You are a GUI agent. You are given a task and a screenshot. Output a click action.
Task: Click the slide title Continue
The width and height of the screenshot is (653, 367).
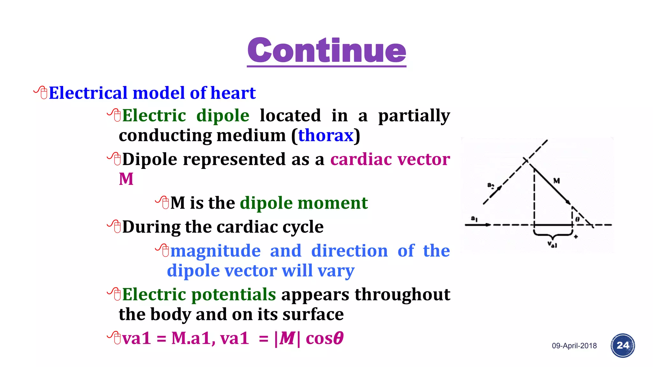click(326, 50)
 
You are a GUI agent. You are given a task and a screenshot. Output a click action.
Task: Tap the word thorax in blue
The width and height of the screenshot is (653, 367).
click(326, 135)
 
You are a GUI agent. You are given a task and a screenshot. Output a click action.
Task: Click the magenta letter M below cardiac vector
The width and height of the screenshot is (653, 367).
click(126, 179)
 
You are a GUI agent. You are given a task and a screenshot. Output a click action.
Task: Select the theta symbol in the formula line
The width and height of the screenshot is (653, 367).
click(338, 338)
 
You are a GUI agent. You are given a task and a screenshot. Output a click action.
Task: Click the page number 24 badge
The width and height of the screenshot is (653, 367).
click(622, 346)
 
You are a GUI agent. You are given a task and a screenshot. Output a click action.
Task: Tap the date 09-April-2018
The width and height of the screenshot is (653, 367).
click(574, 346)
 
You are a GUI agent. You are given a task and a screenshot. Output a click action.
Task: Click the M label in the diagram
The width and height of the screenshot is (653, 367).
click(556, 181)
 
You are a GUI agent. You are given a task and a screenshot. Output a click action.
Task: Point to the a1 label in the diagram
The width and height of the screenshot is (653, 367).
click(474, 219)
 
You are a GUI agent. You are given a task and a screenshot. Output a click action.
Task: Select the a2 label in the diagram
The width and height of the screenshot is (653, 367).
click(491, 185)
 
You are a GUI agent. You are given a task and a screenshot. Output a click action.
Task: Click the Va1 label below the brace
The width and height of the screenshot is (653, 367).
click(552, 245)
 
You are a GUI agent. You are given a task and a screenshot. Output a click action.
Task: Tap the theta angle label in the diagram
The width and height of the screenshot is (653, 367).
click(577, 219)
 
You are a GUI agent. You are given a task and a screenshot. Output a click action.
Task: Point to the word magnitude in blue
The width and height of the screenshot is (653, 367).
click(215, 251)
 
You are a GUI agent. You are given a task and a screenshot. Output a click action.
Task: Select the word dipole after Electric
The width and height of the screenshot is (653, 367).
click(223, 115)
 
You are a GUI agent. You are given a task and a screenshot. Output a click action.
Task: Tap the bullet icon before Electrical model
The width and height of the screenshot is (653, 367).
click(41, 92)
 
